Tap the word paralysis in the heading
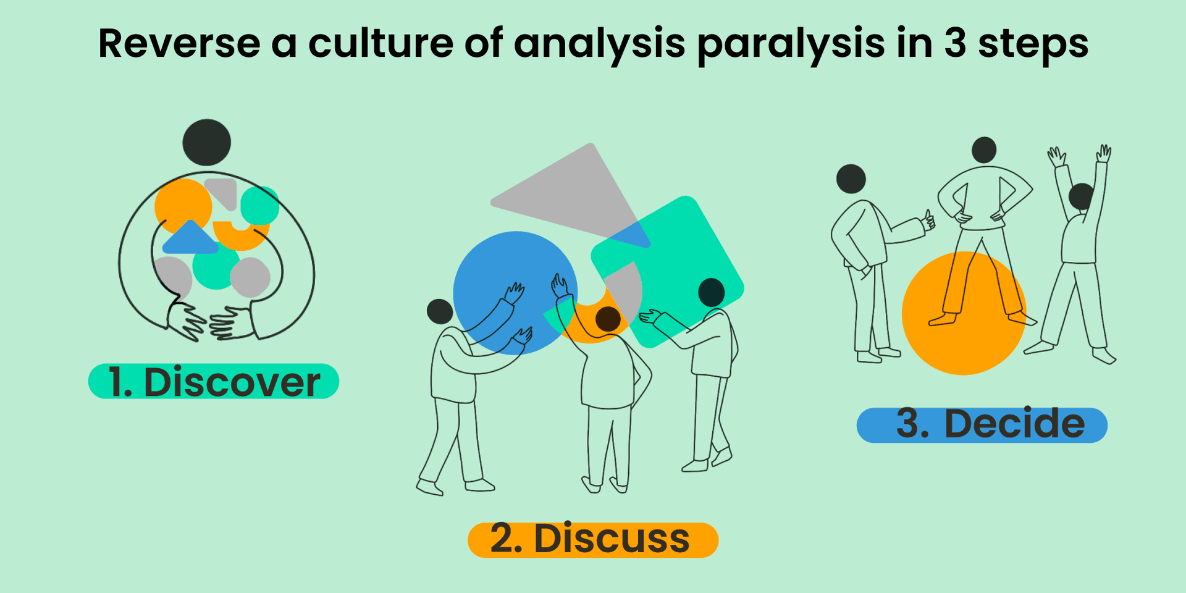tap(791, 44)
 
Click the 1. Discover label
tap(214, 382)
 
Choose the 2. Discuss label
tap(592, 539)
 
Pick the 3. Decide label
tap(982, 425)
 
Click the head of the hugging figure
tap(207, 142)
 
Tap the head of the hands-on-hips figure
tap(984, 150)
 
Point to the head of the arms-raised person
tap(1082, 196)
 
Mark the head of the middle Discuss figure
tap(608, 319)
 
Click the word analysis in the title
tap(599, 44)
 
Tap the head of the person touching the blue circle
tap(440, 312)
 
